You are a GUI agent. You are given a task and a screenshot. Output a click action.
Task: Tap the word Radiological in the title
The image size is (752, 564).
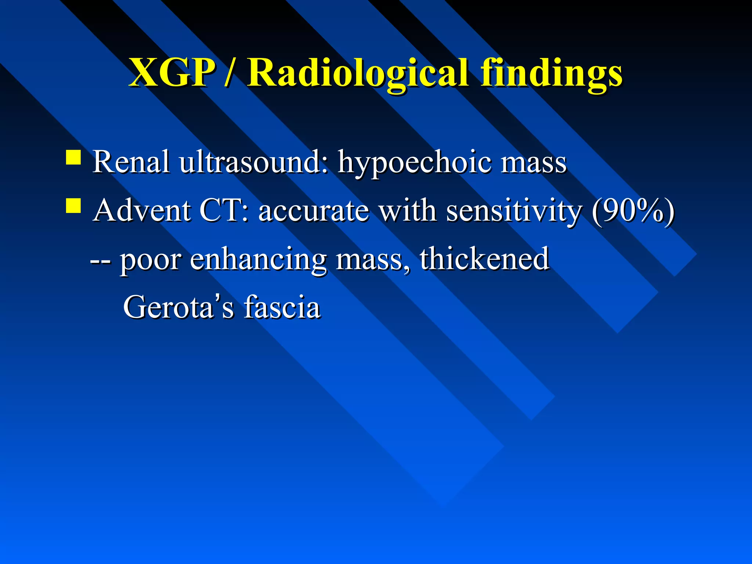point(358,73)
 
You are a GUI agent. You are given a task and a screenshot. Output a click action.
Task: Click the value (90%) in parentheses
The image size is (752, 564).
point(633,211)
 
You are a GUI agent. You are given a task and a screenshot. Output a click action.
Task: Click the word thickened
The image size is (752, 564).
point(484,258)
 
